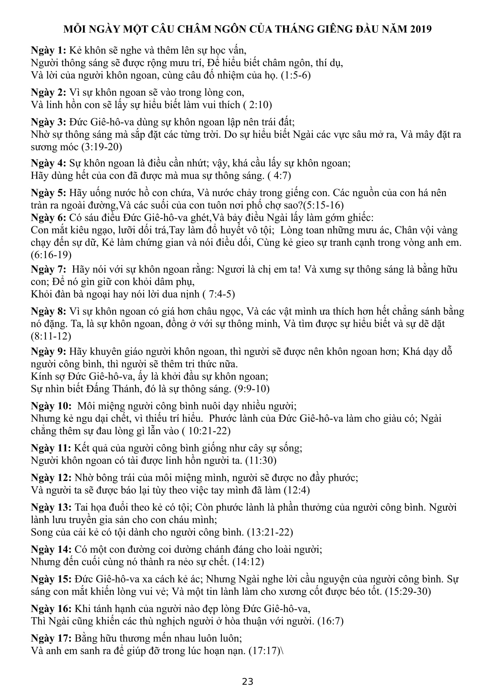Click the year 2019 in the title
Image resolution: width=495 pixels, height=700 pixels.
(420, 29)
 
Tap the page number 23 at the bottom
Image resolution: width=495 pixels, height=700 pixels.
(247, 682)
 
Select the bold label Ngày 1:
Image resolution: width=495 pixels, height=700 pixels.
(49, 50)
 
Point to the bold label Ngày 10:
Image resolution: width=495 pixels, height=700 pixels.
(51, 406)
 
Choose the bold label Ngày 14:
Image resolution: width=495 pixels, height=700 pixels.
(51, 549)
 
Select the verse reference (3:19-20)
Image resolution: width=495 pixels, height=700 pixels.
(102, 147)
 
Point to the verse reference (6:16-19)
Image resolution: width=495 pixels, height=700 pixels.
(51, 255)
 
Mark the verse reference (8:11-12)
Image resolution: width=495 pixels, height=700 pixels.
(51, 336)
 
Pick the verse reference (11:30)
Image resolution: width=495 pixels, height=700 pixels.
(261, 460)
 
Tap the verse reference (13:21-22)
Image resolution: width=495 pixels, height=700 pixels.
(270, 532)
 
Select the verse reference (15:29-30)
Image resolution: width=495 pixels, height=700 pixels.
(408, 592)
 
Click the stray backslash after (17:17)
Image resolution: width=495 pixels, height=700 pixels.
(283, 651)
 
